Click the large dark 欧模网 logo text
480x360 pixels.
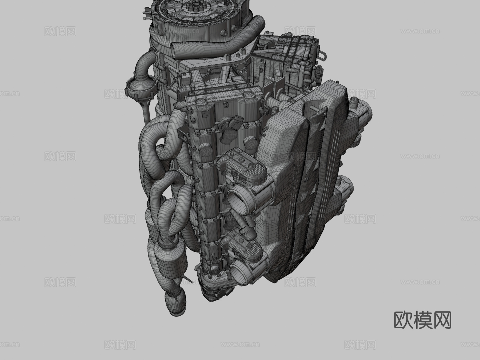pyautogui.click(x=422, y=320)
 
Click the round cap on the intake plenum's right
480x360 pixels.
pyautogui.click(x=353, y=101)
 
